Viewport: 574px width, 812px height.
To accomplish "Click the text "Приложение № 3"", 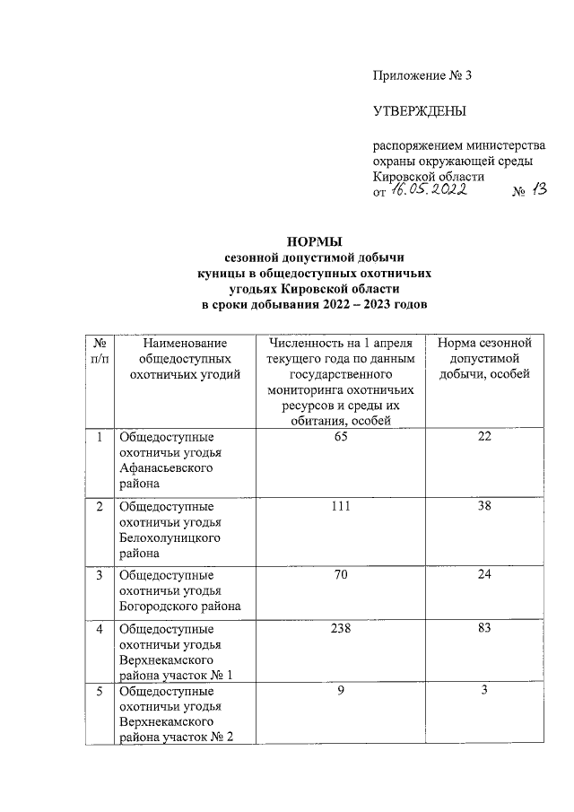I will click(x=422, y=75).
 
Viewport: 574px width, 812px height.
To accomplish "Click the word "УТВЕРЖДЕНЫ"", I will click(x=421, y=112).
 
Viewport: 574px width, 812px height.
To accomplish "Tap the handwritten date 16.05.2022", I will click(x=430, y=192).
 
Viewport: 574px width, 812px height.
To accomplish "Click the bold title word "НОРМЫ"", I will click(x=313, y=241).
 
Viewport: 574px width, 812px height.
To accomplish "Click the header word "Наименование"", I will click(x=185, y=343).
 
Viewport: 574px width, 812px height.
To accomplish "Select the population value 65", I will click(x=340, y=437).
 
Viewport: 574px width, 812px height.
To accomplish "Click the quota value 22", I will click(x=484, y=437).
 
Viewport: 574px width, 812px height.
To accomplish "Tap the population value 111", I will click(x=340, y=506).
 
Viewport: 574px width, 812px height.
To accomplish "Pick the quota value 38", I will click(x=484, y=506).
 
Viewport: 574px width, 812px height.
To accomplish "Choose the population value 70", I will click(x=340, y=574).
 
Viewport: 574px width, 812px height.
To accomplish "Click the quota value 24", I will click(x=484, y=574).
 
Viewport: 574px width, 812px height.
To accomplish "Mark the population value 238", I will click(x=340, y=627).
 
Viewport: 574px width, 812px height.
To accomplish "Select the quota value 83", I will click(x=484, y=627).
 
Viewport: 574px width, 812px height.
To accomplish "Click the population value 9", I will click(x=340, y=692).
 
